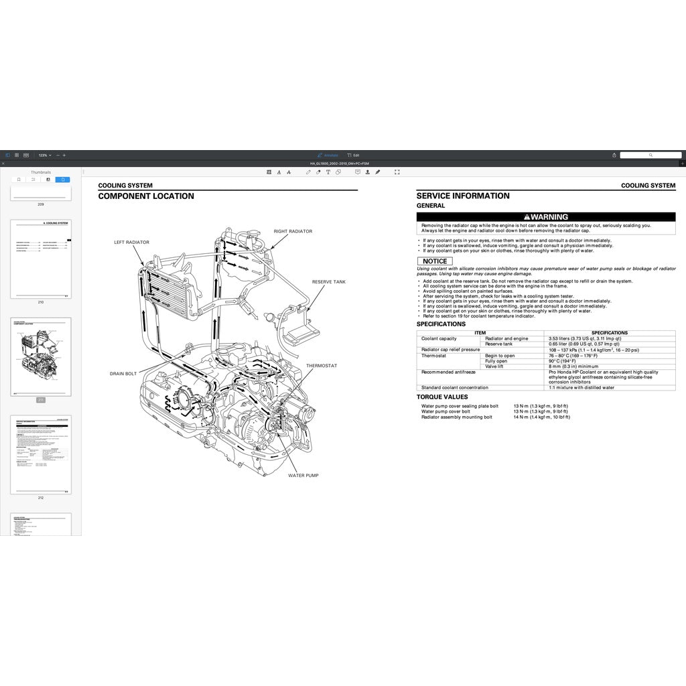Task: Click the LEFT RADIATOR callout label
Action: [x=131, y=242]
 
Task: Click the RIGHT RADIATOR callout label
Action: [x=293, y=231]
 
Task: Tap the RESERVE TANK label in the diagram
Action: [x=329, y=282]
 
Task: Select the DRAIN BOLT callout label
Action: [x=123, y=373]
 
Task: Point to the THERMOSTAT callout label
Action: [x=322, y=366]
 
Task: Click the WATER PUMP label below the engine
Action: [x=303, y=475]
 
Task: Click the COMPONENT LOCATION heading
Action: [x=146, y=196]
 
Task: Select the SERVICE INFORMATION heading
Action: [x=463, y=196]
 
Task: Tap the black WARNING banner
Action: [x=546, y=217]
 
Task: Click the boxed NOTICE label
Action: [x=435, y=261]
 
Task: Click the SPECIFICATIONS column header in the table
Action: [x=610, y=332]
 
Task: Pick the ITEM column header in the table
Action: [x=480, y=332]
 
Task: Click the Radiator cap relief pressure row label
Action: [x=450, y=350]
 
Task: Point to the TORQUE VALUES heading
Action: [x=442, y=397]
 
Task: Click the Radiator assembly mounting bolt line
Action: [x=456, y=417]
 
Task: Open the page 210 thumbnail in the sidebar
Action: [x=41, y=259]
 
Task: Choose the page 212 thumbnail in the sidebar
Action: [x=41, y=455]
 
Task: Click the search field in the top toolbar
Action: [x=650, y=155]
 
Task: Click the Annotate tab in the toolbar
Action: [x=328, y=155]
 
